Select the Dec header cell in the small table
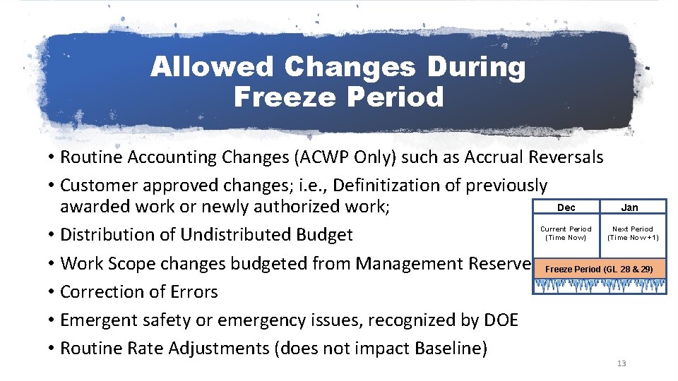566,207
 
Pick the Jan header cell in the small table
629,207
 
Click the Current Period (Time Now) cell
566,234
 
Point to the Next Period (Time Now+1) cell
633,234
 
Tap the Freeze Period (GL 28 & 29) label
600,270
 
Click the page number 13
621,363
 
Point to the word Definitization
388,186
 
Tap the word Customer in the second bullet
100,186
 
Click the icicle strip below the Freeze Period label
600,286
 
